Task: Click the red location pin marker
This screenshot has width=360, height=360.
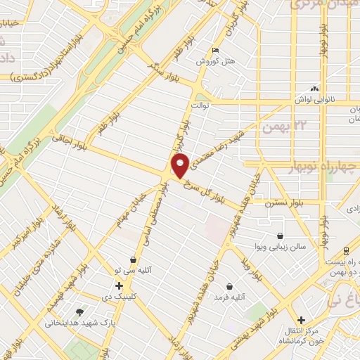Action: [x=181, y=165]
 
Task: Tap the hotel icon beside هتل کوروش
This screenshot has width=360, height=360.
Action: [x=216, y=51]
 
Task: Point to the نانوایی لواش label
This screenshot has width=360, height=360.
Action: [x=313, y=100]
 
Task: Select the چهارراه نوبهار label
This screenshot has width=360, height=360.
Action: [x=323, y=166]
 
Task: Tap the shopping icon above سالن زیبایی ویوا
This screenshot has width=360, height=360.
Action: [x=281, y=236]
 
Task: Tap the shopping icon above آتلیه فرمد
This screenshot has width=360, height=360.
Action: [x=229, y=286]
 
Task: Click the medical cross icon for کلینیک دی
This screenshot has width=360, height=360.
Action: [x=119, y=285]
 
